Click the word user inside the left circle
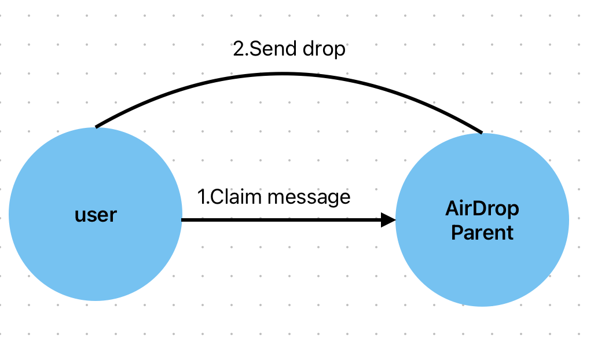96,215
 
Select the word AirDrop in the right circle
482,209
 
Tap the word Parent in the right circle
482,233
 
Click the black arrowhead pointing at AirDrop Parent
388,220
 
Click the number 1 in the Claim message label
201,197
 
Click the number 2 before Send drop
237,49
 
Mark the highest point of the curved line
284,74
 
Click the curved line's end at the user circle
97,126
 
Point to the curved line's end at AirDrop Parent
481,132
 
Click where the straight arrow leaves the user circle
183,220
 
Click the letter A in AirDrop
452,209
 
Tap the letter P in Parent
456,233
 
